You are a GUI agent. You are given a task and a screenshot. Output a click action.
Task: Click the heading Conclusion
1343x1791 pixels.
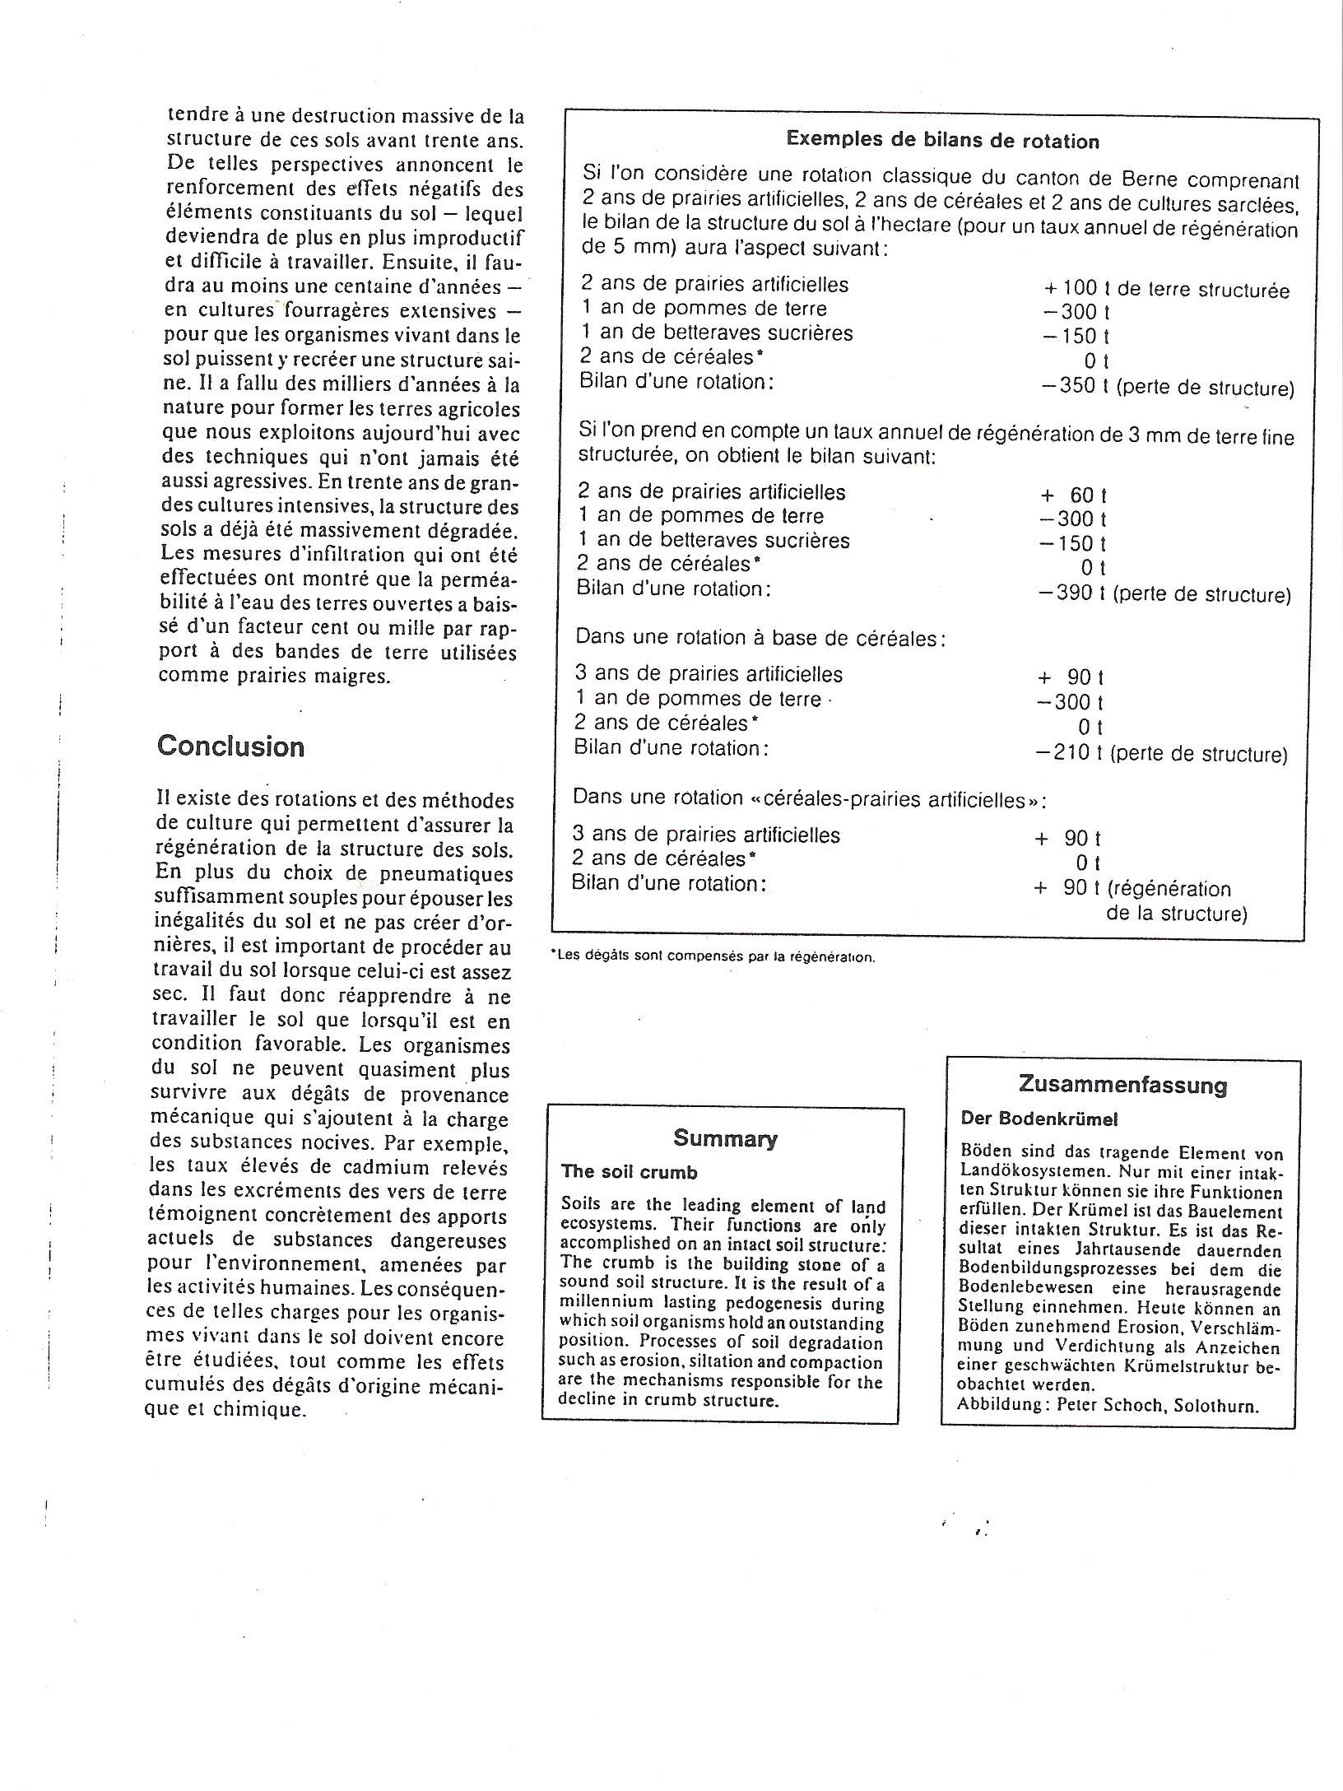tap(230, 747)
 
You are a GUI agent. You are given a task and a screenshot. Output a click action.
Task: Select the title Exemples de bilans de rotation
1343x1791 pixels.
tap(942, 141)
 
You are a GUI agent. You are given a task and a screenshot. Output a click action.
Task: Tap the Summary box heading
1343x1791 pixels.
tap(724, 1138)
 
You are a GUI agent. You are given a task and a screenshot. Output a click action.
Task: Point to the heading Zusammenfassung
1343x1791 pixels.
tap(1122, 1084)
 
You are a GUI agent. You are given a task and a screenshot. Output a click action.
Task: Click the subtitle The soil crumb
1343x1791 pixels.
tap(630, 1172)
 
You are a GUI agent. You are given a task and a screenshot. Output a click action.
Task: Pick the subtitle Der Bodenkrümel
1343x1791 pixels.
tap(1039, 1119)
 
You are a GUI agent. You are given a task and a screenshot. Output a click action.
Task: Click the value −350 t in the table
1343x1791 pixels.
tap(1073, 385)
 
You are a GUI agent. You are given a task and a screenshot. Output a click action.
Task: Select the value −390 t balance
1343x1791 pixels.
tap(1071, 593)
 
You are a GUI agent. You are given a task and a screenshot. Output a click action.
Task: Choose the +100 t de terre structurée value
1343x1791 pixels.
tap(1166, 289)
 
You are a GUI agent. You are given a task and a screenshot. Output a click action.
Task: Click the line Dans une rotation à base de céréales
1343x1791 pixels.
tap(760, 638)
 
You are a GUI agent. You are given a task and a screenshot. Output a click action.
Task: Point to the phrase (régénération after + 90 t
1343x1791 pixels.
tap(1169, 889)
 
